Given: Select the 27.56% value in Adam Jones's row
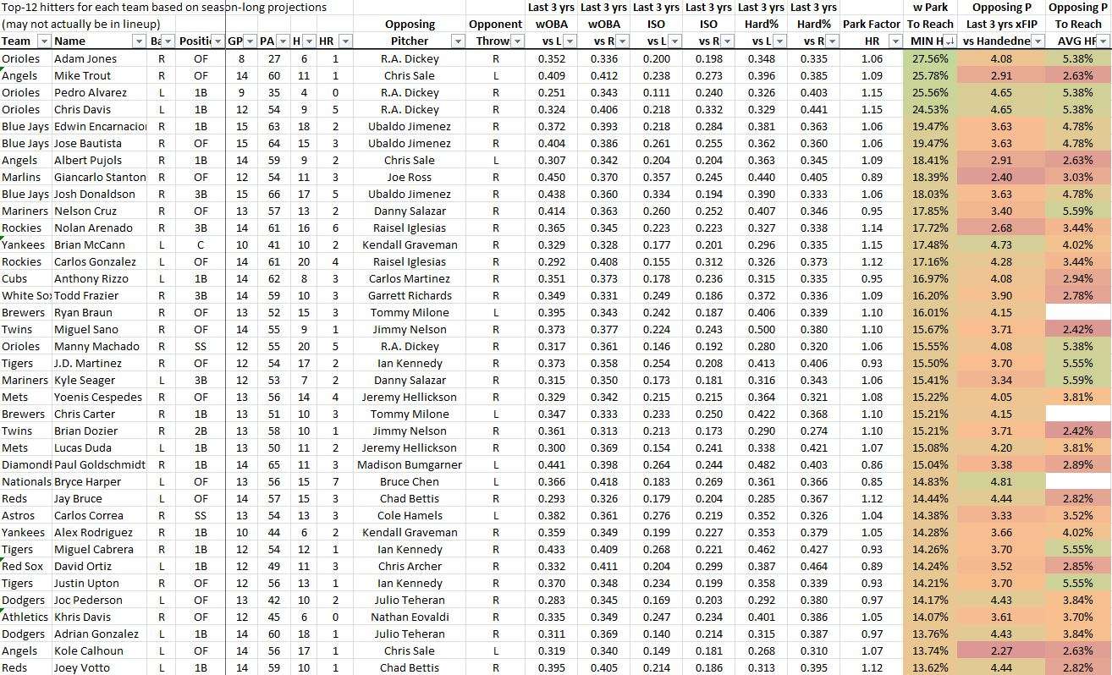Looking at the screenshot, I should [x=930, y=58].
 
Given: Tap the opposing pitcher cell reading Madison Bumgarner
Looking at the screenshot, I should [x=410, y=464].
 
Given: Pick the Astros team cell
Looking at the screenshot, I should [x=19, y=515].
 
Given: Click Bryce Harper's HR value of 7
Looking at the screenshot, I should [x=336, y=481].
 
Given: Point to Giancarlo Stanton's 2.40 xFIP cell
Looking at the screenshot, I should [x=1000, y=177].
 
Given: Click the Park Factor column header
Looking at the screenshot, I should [x=871, y=24].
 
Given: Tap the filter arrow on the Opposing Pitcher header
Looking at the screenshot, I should [x=458, y=41].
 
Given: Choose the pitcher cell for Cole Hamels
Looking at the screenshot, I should [x=410, y=515].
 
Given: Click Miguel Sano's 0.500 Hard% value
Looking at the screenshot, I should [x=761, y=329].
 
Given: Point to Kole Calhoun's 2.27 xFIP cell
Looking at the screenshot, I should [x=1000, y=650].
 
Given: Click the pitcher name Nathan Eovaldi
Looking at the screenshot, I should [x=410, y=617].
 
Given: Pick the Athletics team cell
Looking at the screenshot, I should [x=25, y=617].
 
